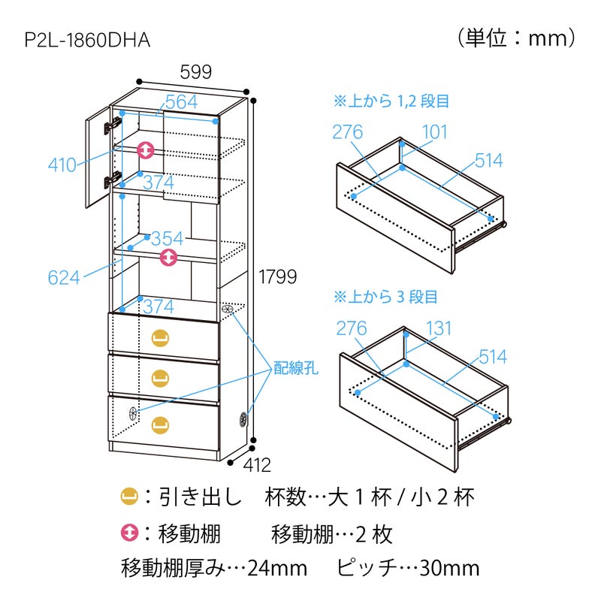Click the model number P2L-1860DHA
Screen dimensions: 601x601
87,40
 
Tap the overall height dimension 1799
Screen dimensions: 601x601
277,276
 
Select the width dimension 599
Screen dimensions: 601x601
196,71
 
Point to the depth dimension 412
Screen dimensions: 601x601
257,465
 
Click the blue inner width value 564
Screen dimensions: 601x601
182,101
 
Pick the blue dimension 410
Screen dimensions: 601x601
62,165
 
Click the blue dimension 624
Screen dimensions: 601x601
64,277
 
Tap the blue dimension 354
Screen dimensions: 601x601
167,239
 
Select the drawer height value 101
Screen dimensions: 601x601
435,132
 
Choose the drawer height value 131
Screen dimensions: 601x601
439,328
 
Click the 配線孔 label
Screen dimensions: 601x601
295,368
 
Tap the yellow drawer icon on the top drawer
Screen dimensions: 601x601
161,338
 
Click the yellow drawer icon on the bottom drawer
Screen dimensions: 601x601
161,425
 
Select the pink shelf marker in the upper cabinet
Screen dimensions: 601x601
146,149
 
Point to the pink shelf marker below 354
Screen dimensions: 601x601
168,257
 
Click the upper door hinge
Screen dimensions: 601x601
113,125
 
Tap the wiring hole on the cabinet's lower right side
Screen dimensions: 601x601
243,419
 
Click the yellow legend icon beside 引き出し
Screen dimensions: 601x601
129,497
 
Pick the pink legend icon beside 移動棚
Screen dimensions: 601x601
129,533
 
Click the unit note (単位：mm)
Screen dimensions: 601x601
516,38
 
